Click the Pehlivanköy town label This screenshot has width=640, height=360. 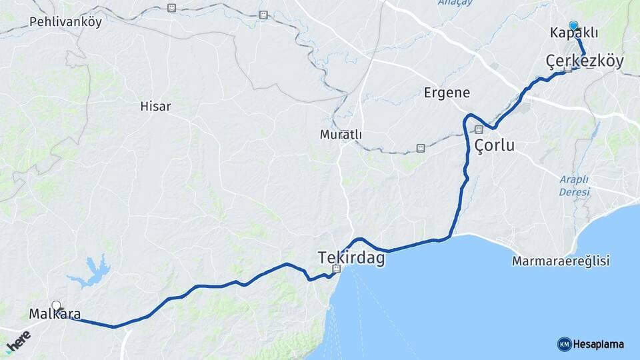[65, 22]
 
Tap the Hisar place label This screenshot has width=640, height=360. [155, 106]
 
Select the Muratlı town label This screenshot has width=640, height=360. [341, 134]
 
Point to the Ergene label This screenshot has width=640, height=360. [447, 93]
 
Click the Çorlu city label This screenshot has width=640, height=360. [494, 145]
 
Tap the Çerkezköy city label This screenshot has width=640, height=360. [585, 62]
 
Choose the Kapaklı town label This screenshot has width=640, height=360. [574, 33]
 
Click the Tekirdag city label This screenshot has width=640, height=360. [351, 258]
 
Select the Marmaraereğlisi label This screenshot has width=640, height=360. [561, 261]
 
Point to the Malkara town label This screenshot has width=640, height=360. [55, 313]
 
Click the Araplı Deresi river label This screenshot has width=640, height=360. [574, 186]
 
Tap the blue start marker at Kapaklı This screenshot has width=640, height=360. [573, 25]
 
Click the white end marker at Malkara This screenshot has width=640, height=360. [56, 305]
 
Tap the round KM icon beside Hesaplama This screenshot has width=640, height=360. [564, 344]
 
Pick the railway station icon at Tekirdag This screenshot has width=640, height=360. [337, 269]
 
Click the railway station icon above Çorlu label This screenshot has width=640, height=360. [479, 129]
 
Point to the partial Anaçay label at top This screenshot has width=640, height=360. [455, 3]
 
